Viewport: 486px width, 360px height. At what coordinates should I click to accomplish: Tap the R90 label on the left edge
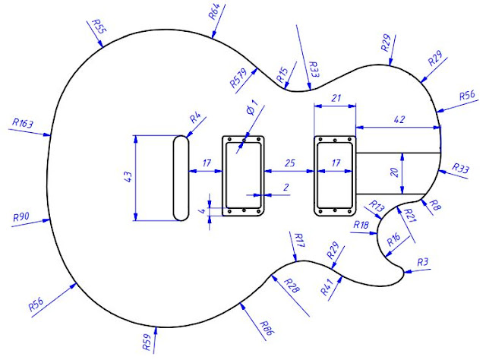[x=21, y=217]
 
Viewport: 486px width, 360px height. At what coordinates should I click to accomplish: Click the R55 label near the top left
[x=98, y=26]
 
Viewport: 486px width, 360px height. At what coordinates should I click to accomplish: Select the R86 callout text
[x=265, y=329]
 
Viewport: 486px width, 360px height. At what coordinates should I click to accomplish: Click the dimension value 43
[x=128, y=178]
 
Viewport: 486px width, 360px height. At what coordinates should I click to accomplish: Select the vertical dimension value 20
[x=394, y=173]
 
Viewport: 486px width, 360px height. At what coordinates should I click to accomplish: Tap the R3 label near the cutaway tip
[x=423, y=262]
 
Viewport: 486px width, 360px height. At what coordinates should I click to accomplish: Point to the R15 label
[x=282, y=74]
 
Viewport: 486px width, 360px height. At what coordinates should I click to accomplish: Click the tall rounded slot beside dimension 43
[x=181, y=178]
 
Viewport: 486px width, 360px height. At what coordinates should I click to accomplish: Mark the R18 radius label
[x=362, y=225]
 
